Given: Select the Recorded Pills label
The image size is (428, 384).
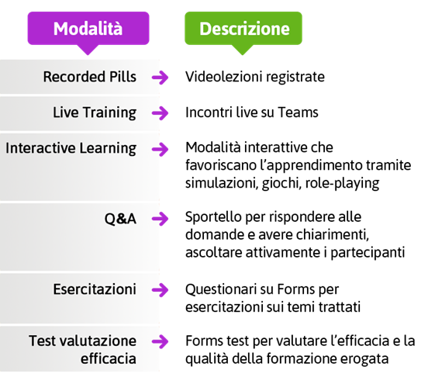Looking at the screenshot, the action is coord(89,77).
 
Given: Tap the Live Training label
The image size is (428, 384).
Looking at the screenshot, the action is coord(95,112).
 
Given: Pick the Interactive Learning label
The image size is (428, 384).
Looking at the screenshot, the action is coord(71,149).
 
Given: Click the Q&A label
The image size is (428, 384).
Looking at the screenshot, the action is coord(120,219).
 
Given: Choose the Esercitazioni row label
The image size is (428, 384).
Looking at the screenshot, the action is coord(95,289).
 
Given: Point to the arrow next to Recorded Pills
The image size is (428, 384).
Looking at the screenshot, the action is coord(160,78).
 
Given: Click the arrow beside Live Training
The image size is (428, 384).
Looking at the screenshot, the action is coord(160,113).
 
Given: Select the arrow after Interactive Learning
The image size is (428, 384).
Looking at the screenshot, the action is coord(160,150).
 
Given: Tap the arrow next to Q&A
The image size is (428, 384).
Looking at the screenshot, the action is coord(160,219).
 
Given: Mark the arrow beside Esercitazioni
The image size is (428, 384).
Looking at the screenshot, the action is coord(160,290).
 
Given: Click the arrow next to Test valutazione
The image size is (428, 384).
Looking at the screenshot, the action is coord(160,341).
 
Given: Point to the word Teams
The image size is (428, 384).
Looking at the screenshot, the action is coord(298,112).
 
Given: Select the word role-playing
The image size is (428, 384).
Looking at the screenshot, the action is coord(342,183).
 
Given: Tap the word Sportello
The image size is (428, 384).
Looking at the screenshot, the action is coord(214,217).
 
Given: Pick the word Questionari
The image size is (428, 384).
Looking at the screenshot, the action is coord(221,289).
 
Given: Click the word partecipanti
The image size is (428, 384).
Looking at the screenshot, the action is coord(368,253).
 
